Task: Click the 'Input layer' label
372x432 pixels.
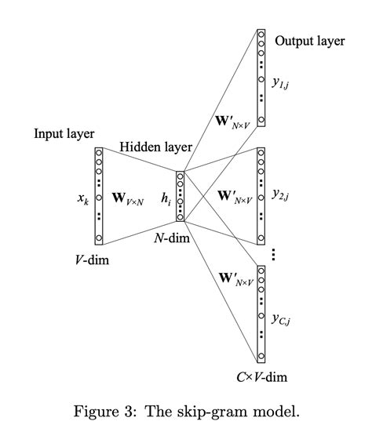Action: (64, 133)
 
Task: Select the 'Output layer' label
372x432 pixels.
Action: (309, 41)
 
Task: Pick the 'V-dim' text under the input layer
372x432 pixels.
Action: (93, 260)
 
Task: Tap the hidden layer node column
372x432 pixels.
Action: (181, 196)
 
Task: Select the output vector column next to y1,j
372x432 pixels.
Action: (261, 77)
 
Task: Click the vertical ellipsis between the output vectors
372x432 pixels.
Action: (272, 254)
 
